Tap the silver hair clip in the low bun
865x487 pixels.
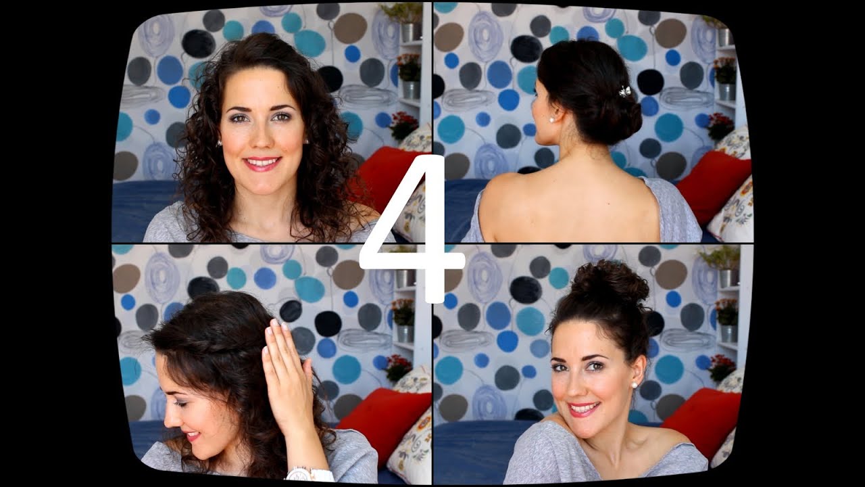[x=624, y=91]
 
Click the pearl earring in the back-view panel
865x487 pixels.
[x=552, y=120]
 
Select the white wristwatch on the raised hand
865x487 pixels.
[x=309, y=474]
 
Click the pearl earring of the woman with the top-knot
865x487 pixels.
[x=634, y=385]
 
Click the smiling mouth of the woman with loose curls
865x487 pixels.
[x=262, y=163]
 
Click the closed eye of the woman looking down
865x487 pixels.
[x=180, y=403]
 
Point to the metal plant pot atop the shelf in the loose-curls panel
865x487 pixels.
[x=411, y=32]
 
